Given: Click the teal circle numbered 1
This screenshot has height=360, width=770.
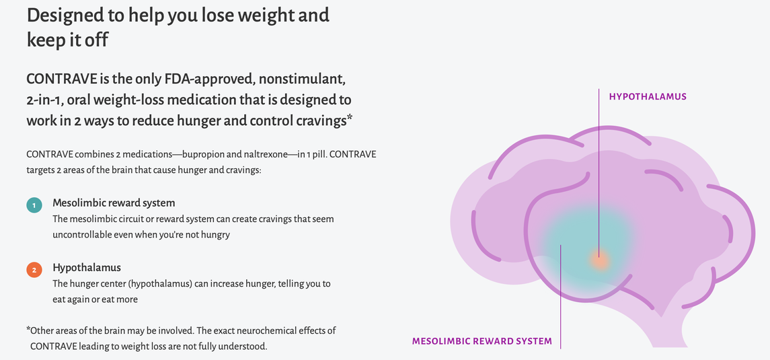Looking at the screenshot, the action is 34,205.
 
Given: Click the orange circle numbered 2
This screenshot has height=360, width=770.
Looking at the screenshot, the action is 34,270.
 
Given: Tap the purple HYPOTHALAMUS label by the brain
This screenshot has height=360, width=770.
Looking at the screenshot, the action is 648,97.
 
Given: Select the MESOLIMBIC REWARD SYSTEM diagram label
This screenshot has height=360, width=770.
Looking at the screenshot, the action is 482,341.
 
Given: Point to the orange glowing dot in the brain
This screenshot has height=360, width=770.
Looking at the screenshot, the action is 599,260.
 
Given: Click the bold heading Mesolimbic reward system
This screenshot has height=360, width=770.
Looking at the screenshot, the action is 114,203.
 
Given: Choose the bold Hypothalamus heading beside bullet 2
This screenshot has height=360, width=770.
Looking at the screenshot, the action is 87,268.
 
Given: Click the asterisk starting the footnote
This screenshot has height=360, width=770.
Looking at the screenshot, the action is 28,330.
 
